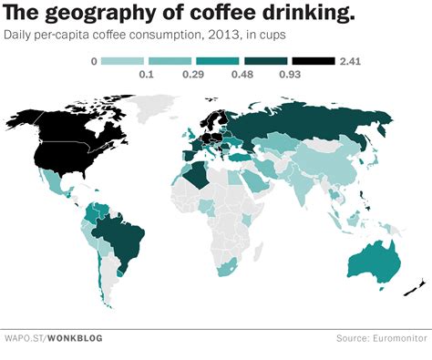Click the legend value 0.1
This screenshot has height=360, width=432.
click(x=145, y=75)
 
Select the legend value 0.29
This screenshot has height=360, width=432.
click(x=193, y=75)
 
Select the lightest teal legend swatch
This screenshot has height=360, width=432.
click(x=120, y=61)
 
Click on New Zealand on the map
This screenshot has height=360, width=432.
click(x=413, y=289)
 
